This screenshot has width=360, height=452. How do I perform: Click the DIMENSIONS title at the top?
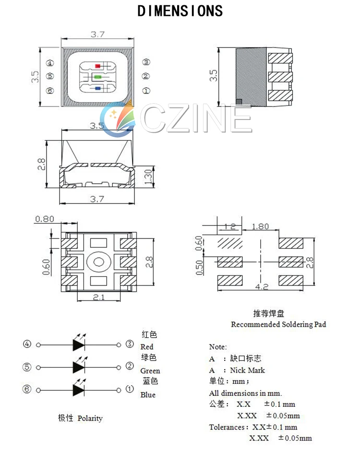click(x=180, y=11)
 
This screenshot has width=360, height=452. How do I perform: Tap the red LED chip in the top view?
click(x=98, y=66)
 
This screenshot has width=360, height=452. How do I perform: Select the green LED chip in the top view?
click(x=98, y=77)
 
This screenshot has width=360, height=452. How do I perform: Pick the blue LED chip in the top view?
click(x=98, y=88)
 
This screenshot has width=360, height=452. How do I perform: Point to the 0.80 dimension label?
click(x=44, y=219)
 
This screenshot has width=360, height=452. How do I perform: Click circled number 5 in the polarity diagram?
click(x=27, y=367)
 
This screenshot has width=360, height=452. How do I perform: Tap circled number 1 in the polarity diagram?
click(x=130, y=389)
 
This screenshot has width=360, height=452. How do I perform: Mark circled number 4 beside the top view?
click(x=50, y=63)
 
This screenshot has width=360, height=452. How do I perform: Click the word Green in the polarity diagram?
click(x=150, y=371)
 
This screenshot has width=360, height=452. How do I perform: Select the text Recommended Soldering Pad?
click(x=278, y=324)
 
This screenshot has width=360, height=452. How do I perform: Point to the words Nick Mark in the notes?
click(x=247, y=370)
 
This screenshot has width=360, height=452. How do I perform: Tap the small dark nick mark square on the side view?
click(x=240, y=101)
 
